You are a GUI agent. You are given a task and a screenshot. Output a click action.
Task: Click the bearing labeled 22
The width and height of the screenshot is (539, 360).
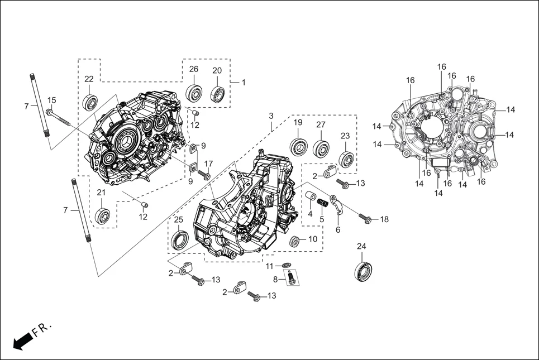(x=90, y=103)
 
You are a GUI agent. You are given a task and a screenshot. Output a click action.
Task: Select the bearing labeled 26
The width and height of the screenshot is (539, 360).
(x=194, y=93)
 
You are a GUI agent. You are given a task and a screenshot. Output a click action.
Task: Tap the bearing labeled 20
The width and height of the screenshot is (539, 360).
(x=217, y=94)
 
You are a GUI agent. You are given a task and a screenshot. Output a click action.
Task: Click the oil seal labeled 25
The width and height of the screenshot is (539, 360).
(x=179, y=241)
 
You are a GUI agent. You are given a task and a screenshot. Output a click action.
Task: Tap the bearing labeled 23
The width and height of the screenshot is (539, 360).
(x=346, y=159)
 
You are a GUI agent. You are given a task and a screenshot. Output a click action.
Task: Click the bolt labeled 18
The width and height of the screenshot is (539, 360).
(x=364, y=219)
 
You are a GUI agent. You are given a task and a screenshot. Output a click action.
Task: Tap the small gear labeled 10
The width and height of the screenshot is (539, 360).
(x=296, y=242)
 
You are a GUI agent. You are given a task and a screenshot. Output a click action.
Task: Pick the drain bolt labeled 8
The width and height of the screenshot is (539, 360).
(x=291, y=277)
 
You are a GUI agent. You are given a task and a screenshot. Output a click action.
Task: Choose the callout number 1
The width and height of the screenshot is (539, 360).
(x=243, y=82)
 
